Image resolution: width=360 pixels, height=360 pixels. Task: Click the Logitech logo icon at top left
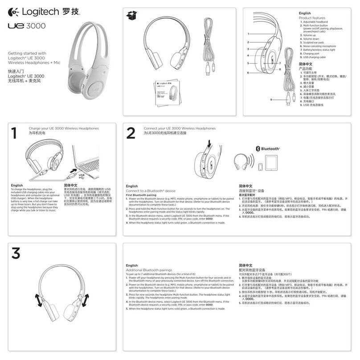[13, 11]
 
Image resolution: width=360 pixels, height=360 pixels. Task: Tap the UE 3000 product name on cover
[27, 26]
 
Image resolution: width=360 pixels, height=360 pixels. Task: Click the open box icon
[132, 16]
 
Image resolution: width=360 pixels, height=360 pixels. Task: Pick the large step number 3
[16, 253]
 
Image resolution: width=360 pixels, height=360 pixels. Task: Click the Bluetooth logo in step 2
[268, 149]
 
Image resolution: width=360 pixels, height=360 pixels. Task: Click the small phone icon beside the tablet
[261, 166]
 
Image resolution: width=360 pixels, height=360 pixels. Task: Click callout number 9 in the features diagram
[271, 99]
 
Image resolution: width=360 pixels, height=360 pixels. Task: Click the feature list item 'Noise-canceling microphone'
[319, 46]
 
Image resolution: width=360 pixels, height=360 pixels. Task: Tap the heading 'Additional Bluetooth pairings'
[149, 270]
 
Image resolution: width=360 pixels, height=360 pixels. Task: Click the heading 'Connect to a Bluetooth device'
[151, 190]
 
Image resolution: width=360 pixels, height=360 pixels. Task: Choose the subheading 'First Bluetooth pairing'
[141, 195]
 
